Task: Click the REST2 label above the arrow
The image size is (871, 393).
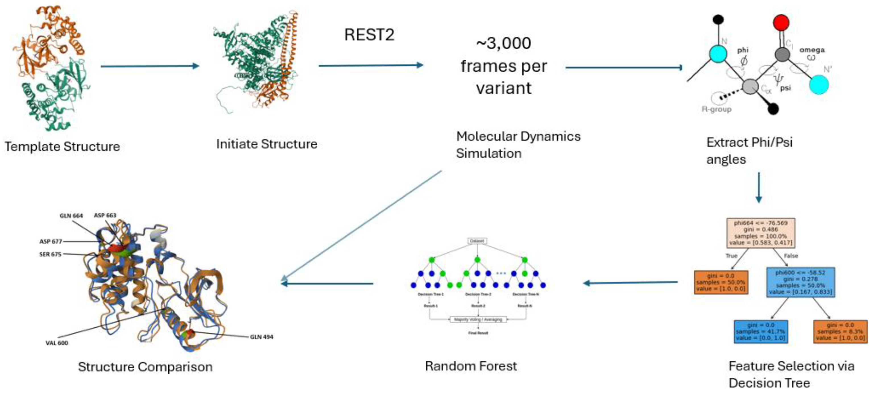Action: [369, 35]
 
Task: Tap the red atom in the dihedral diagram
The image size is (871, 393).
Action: [781, 23]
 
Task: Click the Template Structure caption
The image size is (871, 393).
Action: [62, 147]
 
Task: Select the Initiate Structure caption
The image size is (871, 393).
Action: [266, 144]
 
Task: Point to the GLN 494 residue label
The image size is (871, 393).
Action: [261, 337]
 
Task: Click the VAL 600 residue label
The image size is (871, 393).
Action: [57, 343]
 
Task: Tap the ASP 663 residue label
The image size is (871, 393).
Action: [105, 215]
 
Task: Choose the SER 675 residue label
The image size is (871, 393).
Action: [50, 254]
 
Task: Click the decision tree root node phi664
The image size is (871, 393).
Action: [760, 233]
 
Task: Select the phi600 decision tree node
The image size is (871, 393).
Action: [800, 282]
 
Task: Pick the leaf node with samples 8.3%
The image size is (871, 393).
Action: [840, 332]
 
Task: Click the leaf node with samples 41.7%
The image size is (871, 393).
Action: [760, 332]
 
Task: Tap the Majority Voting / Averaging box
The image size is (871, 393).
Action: [478, 319]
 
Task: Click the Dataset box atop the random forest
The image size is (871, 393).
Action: [477, 241]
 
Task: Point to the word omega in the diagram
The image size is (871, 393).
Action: [812, 50]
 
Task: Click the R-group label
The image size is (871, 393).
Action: [716, 109]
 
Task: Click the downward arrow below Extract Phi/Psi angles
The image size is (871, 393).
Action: [758, 188]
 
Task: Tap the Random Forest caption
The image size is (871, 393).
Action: [471, 366]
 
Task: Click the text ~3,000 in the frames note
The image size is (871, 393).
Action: [503, 43]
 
